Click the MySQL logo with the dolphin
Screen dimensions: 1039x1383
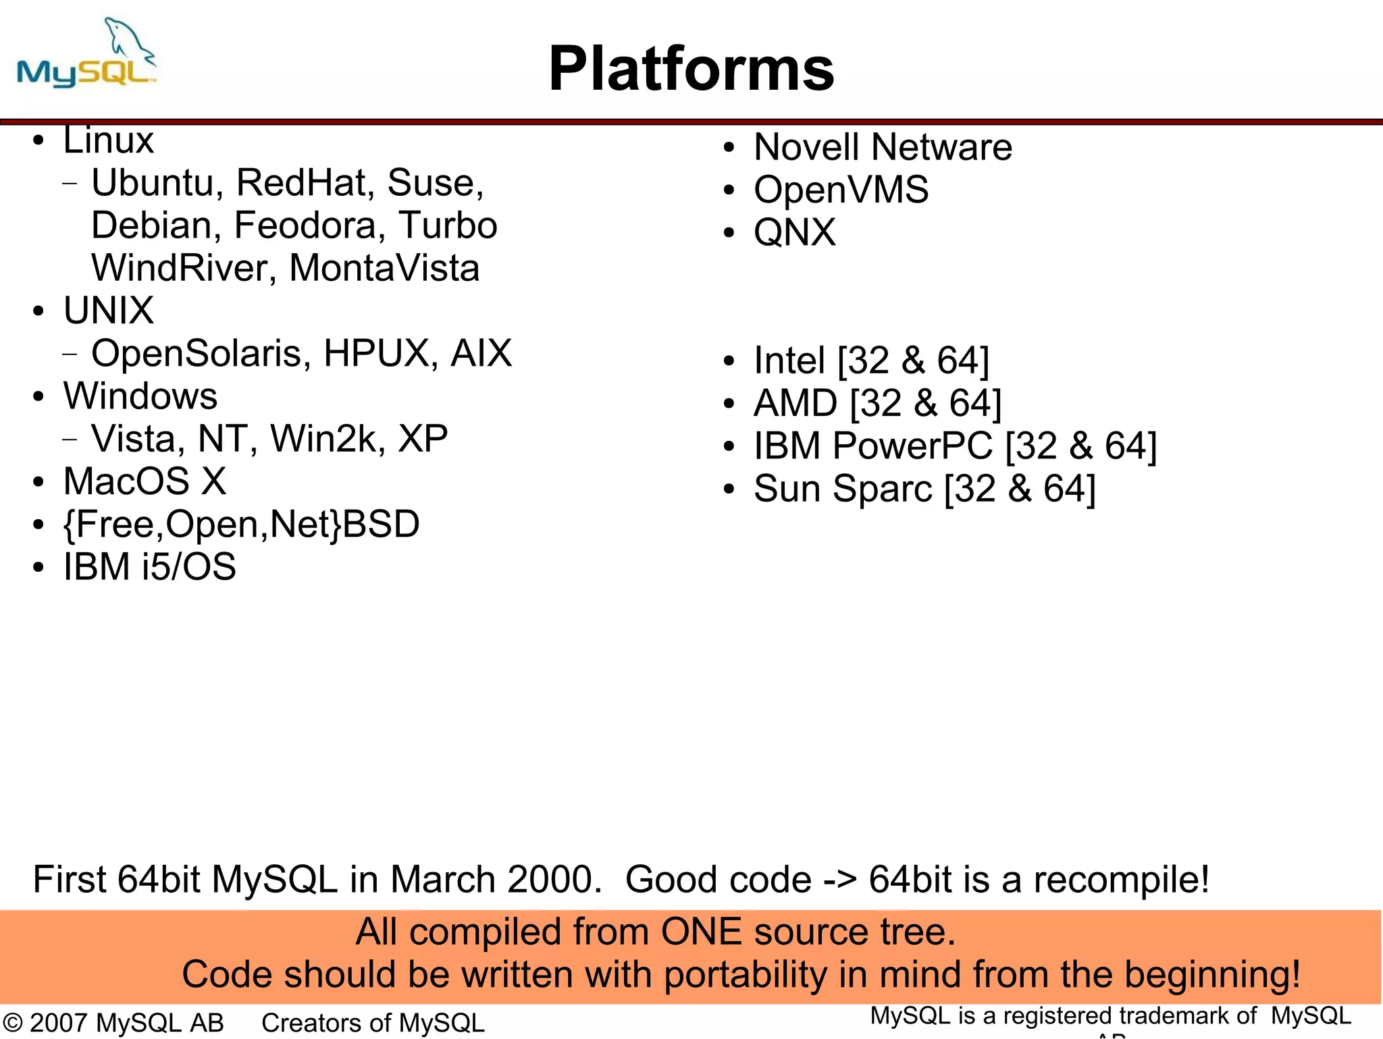86,57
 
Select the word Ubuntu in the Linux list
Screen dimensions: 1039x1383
152,183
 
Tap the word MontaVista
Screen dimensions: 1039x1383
384,268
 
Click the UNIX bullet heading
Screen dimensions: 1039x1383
109,311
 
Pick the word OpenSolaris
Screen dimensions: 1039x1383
196,353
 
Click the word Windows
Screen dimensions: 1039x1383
140,396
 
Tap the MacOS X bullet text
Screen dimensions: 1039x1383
145,481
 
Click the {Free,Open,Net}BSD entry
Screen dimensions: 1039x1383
241,525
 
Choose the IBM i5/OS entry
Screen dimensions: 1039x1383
149,566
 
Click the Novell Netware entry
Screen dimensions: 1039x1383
883,147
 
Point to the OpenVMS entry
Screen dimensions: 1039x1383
841,190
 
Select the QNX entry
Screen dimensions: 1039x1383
795,232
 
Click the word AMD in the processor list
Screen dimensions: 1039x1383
795,403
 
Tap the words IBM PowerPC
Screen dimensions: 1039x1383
872,446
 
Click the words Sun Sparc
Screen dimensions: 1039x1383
843,489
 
